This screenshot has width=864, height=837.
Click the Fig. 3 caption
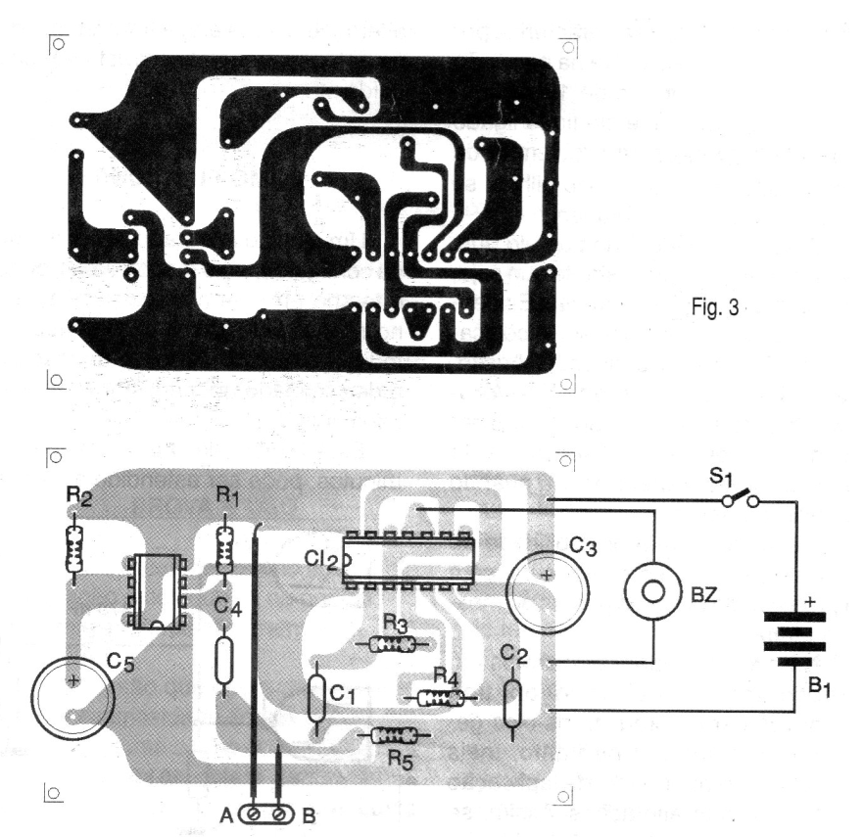tap(715, 307)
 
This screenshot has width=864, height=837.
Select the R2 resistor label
tap(78, 495)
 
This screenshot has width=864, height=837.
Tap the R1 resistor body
tap(223, 549)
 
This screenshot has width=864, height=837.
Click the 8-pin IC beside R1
tap(157, 592)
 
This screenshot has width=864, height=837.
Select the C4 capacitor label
tap(227, 607)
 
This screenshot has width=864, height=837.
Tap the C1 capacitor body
tap(315, 698)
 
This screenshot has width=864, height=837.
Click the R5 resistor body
tap(393, 734)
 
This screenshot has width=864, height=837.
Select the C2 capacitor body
tap(512, 703)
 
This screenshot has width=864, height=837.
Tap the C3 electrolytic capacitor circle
tap(548, 592)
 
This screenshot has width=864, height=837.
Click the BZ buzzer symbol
tap(653, 592)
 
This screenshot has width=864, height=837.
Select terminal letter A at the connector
tap(227, 815)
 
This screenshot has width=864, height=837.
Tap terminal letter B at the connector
tap(310, 815)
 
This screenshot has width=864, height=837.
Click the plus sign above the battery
tap(810, 602)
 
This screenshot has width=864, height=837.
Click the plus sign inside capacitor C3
tap(546, 576)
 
